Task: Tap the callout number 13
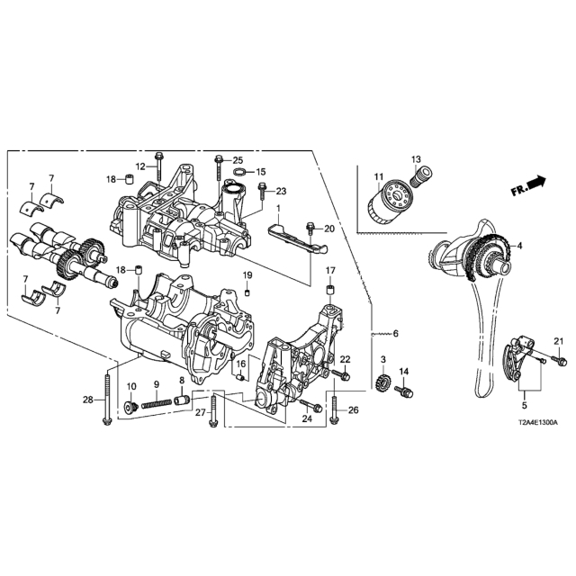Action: (416, 160)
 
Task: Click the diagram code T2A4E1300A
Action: (538, 423)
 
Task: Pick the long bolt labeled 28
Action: (106, 399)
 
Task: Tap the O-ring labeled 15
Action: (239, 171)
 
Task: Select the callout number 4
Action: (519, 246)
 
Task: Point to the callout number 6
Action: (396, 334)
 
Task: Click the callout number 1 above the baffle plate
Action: (278, 208)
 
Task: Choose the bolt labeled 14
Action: (404, 391)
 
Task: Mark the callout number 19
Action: (247, 274)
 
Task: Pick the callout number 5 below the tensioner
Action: (525, 406)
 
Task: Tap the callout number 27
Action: (200, 412)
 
